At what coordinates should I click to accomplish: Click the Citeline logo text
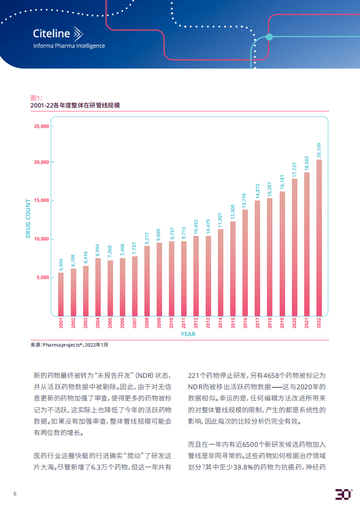pyautogui.click(x=52, y=34)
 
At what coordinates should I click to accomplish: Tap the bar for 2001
pyautogui.click(x=61, y=294)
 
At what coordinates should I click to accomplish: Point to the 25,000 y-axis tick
pyautogui.click(x=41, y=126)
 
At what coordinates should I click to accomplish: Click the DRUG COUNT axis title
pyautogui.click(x=28, y=218)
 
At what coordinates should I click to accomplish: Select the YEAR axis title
pyautogui.click(x=188, y=334)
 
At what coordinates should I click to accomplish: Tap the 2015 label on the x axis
pyautogui.click(x=233, y=323)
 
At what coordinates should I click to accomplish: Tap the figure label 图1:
pyautogui.click(x=36, y=98)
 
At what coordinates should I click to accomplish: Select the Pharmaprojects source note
pyautogui.click(x=69, y=345)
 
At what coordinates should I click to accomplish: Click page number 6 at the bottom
pyautogui.click(x=15, y=494)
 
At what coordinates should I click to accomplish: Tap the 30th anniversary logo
pyautogui.click(x=343, y=494)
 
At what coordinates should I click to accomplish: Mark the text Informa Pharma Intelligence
pyautogui.click(x=69, y=46)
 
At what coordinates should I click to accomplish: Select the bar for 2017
pyautogui.click(x=257, y=258)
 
